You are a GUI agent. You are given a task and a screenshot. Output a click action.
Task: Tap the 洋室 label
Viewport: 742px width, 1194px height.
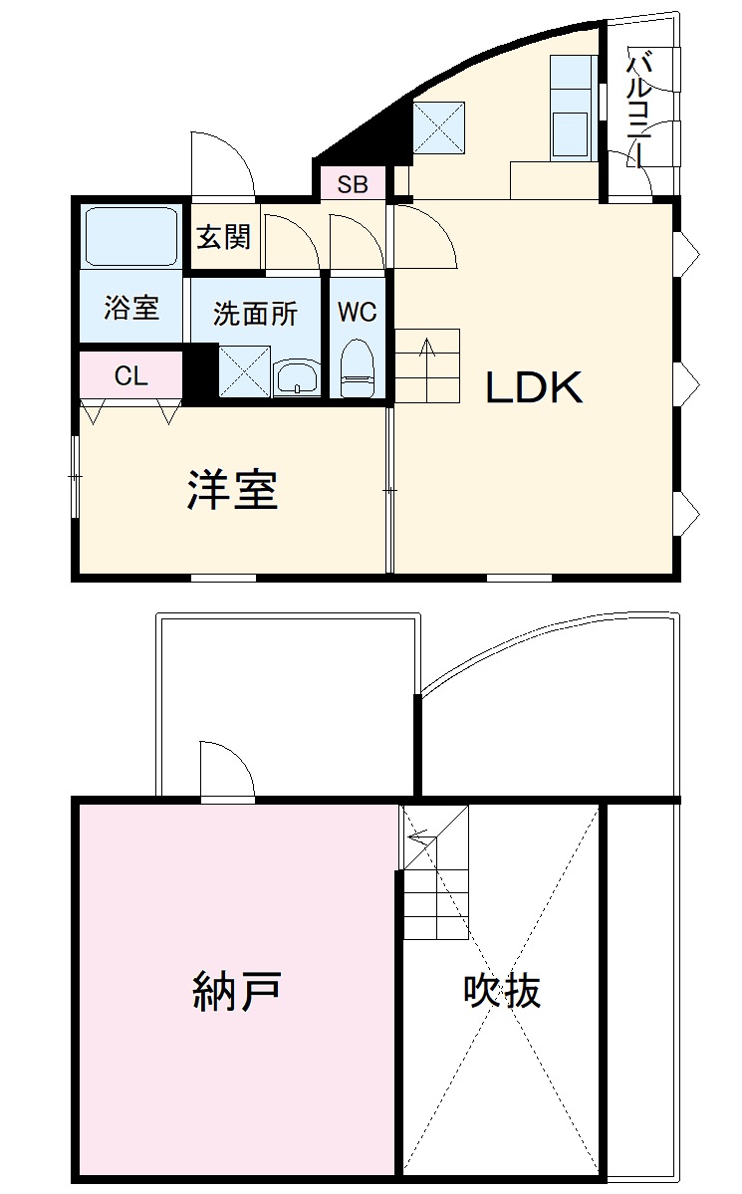click(233, 490)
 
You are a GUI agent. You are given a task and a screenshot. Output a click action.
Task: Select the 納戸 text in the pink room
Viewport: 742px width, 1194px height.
click(236, 991)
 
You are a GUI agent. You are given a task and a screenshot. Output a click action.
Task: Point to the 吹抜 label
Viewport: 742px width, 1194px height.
click(502, 991)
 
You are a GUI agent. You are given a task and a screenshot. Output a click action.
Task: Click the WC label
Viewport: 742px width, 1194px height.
click(357, 313)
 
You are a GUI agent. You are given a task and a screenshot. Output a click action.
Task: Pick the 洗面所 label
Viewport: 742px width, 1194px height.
click(255, 314)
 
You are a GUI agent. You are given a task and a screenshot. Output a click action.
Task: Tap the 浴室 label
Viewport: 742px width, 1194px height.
click(131, 308)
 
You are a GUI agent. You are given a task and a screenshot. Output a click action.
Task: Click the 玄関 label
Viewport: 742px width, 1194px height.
click(223, 238)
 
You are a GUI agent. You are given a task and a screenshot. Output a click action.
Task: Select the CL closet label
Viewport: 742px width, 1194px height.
click(130, 376)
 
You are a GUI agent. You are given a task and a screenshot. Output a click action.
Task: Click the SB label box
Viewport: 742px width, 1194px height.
click(353, 184)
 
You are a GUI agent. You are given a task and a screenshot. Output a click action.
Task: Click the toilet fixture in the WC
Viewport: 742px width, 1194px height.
click(356, 368)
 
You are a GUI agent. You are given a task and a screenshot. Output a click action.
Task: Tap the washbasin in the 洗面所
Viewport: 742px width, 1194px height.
click(297, 377)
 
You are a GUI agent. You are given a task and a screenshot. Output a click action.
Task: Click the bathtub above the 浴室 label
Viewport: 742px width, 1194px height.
click(131, 237)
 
